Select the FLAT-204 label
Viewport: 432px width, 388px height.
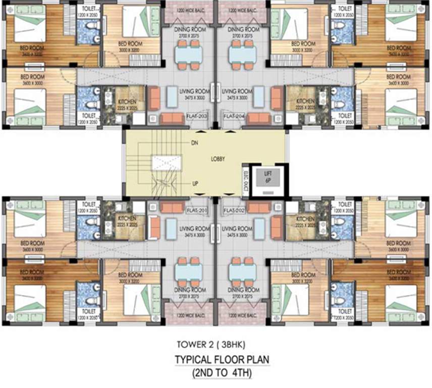click(x=234, y=116)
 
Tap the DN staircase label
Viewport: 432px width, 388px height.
click(x=194, y=143)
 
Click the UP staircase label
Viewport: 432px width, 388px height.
click(x=194, y=183)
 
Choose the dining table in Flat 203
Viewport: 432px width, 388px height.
click(x=189, y=55)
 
